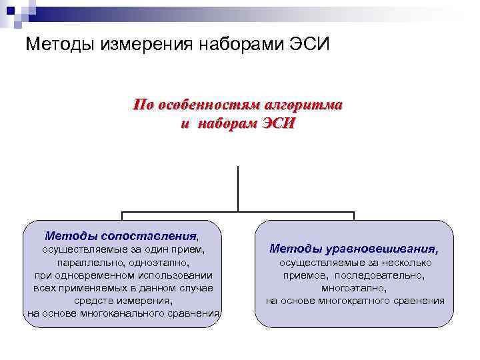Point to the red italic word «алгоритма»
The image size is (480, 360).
click(x=303, y=105)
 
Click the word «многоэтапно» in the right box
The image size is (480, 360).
click(x=354, y=287)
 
